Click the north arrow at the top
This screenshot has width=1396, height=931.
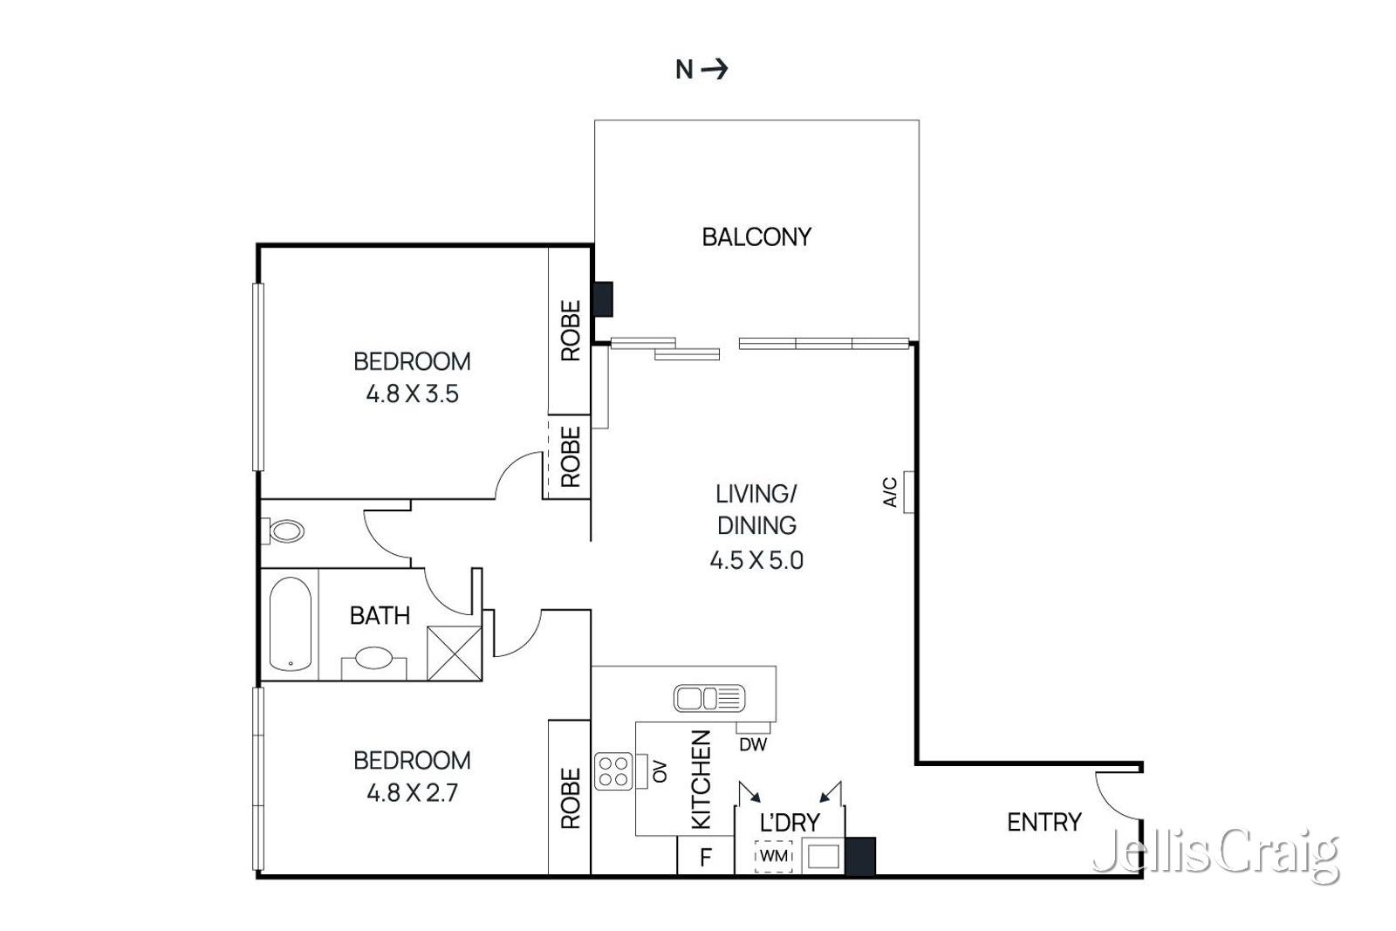point(714,69)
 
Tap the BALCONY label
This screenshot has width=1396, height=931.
point(756,236)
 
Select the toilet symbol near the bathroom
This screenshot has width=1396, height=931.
point(285,531)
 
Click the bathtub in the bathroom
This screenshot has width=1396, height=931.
point(290,624)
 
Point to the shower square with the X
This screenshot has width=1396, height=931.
point(454,653)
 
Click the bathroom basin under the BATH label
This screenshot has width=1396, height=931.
point(373,658)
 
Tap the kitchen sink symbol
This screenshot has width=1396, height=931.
point(708,698)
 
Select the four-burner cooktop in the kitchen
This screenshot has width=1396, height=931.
point(613,770)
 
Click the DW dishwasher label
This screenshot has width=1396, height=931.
point(752,744)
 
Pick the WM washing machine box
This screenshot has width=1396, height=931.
point(773,856)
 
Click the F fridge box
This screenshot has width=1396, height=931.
point(705,857)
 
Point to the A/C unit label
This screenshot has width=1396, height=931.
point(890,492)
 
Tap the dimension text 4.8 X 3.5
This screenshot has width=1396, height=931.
point(412,394)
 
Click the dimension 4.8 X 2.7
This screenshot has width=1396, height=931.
point(412,793)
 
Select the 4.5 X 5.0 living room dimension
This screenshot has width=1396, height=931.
point(756,560)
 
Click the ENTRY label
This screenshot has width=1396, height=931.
point(1044,822)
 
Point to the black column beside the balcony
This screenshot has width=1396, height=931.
point(603,298)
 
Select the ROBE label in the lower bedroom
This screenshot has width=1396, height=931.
point(570,798)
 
